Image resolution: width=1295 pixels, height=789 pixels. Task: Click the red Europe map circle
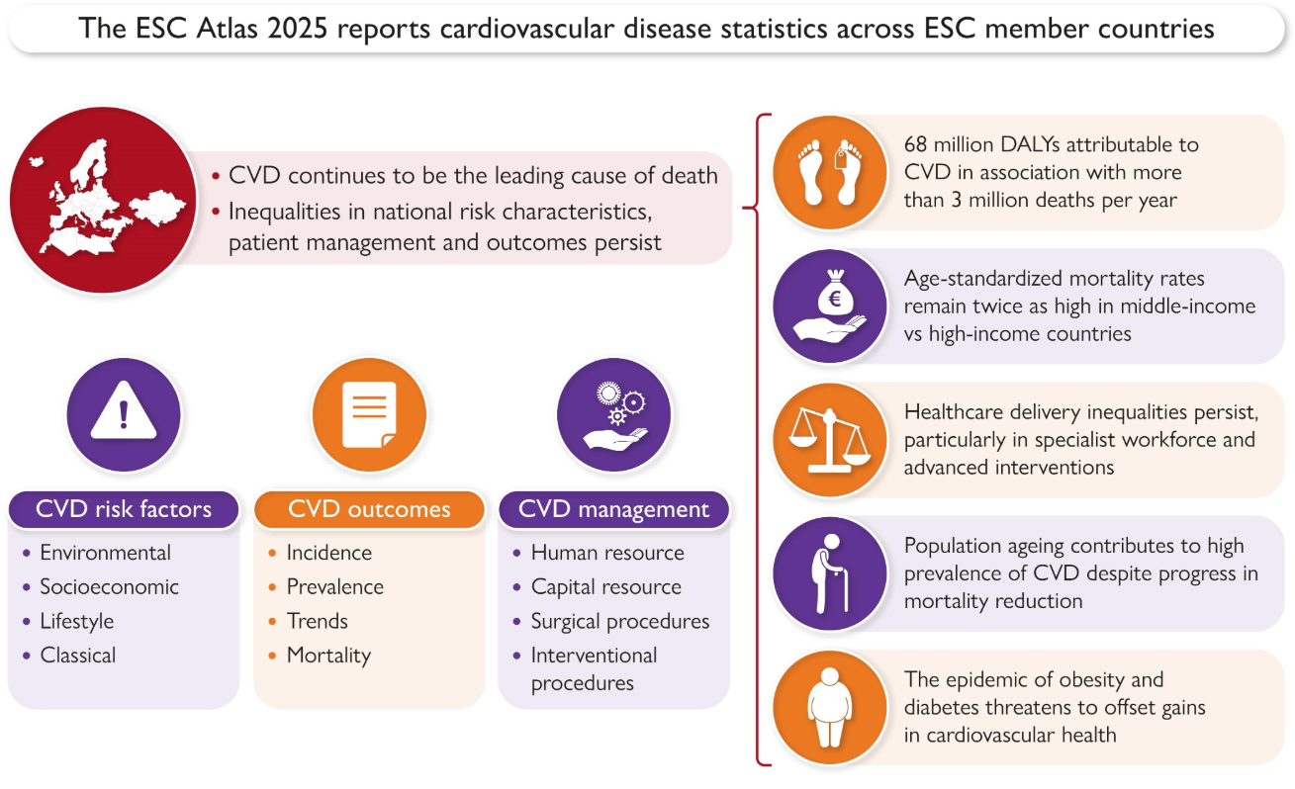pos(103,200)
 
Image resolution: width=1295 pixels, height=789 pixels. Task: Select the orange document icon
pos(369,414)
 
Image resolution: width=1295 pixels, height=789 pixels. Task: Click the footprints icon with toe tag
pos(830,172)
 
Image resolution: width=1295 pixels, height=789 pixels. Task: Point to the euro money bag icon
pos(830,307)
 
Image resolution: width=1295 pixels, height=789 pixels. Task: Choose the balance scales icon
pos(830,440)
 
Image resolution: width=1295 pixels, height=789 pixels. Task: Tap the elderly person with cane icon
pos(830,573)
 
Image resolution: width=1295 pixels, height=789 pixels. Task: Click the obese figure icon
pos(830,708)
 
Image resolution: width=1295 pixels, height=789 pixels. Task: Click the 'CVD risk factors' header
pos(124,509)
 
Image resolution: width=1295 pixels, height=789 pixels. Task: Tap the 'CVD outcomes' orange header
pos(369,509)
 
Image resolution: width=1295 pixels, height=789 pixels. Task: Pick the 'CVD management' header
pos(614,509)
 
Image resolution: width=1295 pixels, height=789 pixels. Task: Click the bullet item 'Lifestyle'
pos(77,622)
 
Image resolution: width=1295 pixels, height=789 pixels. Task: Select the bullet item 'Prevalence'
pos(335,587)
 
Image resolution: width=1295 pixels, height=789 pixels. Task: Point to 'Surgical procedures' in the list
pos(620,622)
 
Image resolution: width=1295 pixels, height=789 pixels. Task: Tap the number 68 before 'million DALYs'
pos(915,144)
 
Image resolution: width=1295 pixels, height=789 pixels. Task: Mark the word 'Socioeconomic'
pos(109,587)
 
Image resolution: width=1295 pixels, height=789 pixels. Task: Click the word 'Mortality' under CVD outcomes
pos(329,656)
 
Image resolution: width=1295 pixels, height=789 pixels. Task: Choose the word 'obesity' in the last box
pos(1087,680)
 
